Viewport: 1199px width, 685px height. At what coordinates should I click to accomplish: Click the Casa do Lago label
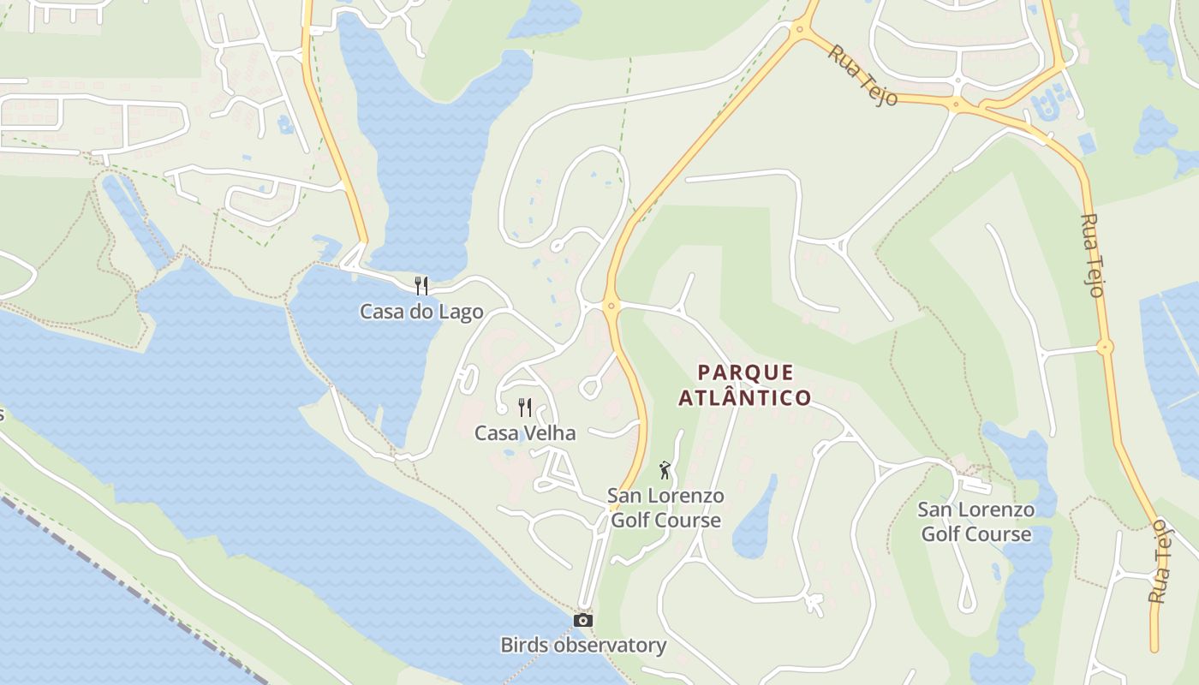(421, 312)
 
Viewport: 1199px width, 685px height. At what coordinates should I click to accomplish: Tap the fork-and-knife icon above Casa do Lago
(421, 285)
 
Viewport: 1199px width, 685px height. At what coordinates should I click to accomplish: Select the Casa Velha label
(525, 433)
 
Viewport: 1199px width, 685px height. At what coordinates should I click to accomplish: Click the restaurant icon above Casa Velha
(525, 407)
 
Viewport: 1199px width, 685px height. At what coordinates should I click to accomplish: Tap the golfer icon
(665, 469)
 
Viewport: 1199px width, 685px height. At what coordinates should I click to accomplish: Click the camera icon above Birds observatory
(583, 620)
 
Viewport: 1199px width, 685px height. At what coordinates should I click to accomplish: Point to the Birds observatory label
(583, 645)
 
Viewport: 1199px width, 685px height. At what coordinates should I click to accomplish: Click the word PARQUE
(745, 372)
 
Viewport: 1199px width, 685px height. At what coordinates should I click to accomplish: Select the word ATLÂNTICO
(745, 397)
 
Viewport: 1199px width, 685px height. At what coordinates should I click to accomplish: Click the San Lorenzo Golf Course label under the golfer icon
(665, 508)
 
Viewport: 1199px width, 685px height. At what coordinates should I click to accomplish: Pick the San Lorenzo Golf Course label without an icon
(976, 521)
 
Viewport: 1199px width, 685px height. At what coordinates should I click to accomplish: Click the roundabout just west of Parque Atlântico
(611, 305)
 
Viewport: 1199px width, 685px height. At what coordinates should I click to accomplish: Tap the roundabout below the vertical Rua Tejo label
(1105, 348)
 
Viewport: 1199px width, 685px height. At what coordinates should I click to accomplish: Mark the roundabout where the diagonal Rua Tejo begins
(801, 29)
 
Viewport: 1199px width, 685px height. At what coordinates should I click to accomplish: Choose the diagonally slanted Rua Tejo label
(862, 75)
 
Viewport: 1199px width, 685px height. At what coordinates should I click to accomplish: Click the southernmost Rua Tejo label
(1159, 561)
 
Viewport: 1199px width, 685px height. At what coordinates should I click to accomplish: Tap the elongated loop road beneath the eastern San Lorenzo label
(967, 591)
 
